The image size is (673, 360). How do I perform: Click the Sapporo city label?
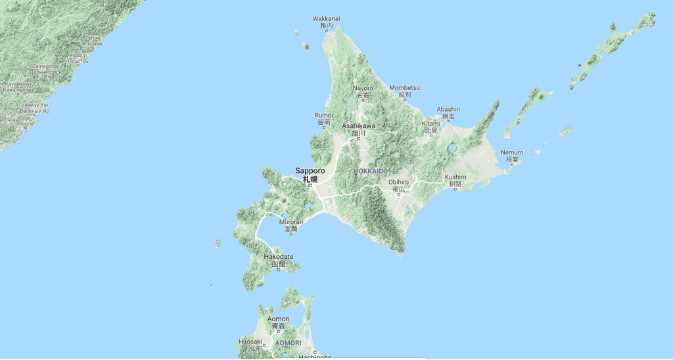310,170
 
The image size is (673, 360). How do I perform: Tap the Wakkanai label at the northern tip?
327,18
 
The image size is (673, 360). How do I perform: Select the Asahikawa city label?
359,125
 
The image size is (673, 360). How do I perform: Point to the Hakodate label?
279,256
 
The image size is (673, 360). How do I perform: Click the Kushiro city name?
455,177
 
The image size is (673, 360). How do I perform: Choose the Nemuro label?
512,152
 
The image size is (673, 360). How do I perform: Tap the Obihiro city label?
398,182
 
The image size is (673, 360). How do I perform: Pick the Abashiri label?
448,109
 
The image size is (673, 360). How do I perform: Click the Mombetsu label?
404,88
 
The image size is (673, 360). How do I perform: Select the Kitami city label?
430,124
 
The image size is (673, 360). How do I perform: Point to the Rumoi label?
323,116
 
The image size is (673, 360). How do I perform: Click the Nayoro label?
363,88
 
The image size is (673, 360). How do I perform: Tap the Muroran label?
291,222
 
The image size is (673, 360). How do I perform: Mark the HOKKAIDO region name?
371,171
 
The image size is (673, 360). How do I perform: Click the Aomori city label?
278,319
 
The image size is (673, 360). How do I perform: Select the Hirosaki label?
250,342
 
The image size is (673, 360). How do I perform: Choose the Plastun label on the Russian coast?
78,56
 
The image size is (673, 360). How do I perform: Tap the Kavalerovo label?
18,84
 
